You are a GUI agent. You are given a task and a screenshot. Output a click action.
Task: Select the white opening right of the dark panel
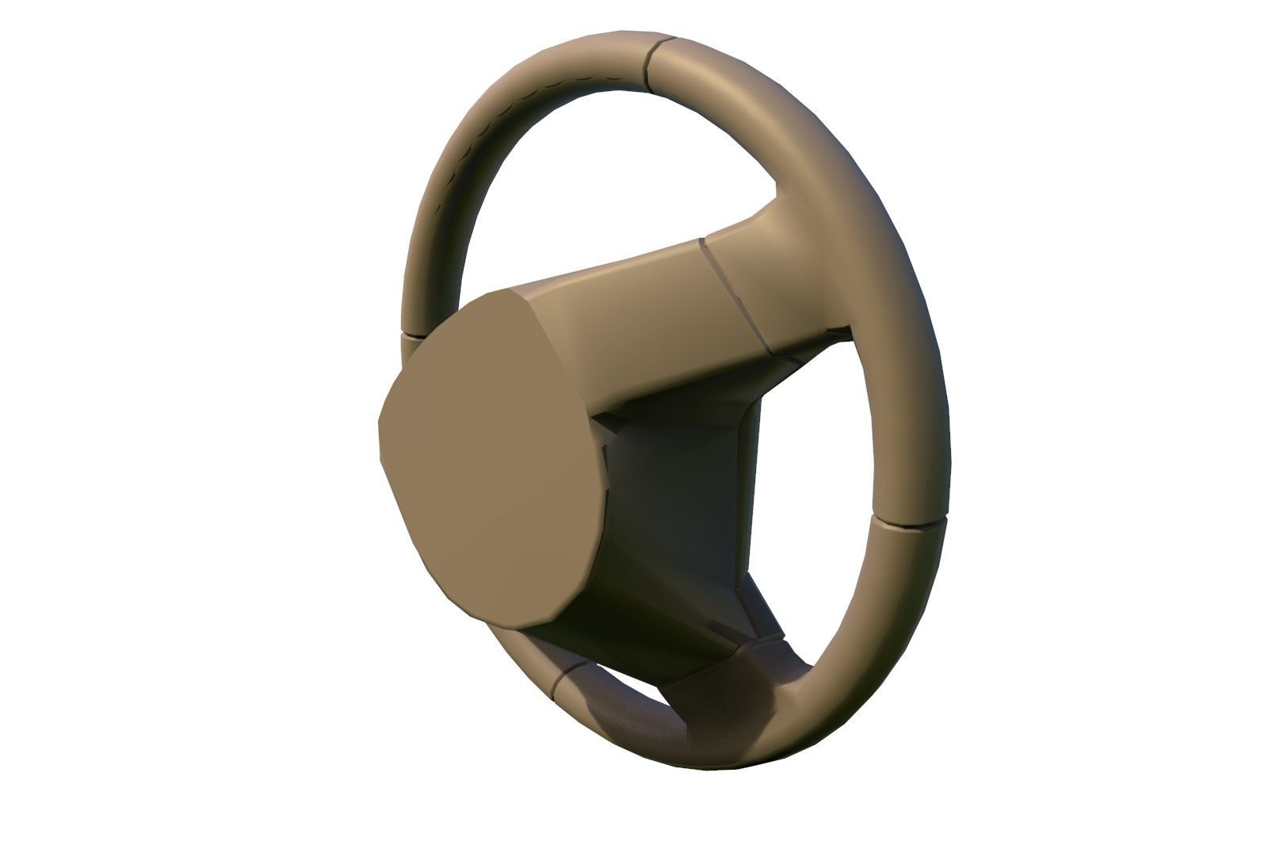tap(800, 491)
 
